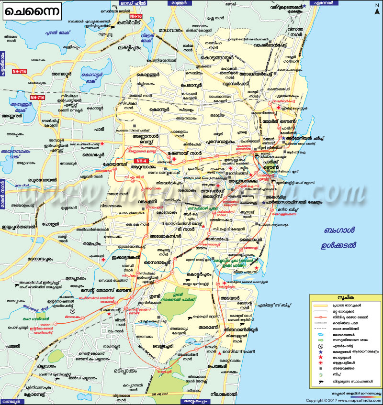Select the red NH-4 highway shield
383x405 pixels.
(x=142, y=161)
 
